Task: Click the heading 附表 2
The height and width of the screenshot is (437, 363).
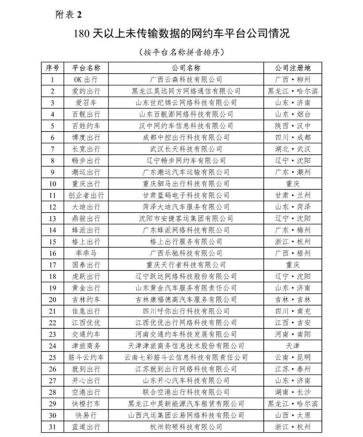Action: coord(68,14)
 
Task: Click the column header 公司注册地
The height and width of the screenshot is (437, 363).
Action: coord(293,68)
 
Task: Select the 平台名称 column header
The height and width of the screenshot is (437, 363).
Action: coord(86,68)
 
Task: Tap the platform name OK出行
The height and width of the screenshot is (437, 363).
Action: coord(86,79)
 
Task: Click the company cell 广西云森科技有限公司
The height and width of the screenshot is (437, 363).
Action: coord(186,79)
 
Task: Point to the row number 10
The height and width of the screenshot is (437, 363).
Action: coord(52,184)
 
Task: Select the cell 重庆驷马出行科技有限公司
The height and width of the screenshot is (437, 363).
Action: coord(186,184)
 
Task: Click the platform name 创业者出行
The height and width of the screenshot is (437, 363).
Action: coord(86,195)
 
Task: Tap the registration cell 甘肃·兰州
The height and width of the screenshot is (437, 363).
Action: coord(293,195)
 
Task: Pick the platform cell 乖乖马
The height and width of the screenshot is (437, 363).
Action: coord(86,253)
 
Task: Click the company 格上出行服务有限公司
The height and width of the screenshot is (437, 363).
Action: coord(186,241)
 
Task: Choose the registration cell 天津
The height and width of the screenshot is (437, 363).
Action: coord(293,346)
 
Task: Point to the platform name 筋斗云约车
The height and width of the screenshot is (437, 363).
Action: coord(86,357)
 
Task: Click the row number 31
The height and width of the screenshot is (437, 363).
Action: coord(52,427)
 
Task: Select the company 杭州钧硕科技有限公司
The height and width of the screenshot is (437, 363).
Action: coord(186,427)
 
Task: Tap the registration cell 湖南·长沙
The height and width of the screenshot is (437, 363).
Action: coord(293,392)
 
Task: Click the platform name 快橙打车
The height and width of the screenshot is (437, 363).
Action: coord(86,404)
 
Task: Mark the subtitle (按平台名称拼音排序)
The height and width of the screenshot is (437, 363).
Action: coord(181,52)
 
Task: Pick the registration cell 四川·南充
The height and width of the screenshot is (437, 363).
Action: coord(293,311)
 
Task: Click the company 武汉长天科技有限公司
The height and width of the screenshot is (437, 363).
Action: coord(186,149)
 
